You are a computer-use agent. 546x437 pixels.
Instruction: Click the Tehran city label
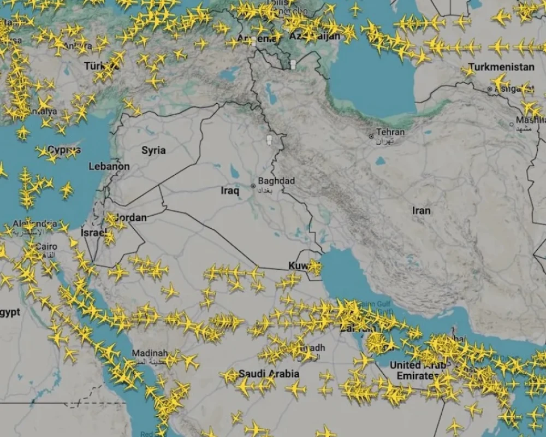391,132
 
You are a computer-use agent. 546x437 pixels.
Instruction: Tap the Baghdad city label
276,181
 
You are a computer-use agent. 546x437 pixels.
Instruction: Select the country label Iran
421,210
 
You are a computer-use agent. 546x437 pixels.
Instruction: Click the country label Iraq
230,191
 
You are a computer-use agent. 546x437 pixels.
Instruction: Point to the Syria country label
153,150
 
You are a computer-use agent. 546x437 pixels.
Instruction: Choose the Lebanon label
109,166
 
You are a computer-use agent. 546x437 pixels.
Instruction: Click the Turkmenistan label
501,67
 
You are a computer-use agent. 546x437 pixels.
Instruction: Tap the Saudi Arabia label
268,374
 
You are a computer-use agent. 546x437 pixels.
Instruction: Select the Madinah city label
150,353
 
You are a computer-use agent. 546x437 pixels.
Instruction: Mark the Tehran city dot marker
371,135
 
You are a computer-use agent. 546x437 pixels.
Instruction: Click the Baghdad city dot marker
253,186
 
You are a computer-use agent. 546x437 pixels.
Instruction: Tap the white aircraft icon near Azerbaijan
293,64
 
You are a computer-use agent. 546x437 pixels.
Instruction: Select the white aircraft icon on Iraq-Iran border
269,140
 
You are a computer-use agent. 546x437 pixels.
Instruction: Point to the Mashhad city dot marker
512,124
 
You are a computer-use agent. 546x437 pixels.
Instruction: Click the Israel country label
93,233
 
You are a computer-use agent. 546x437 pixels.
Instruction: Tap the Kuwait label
299,265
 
